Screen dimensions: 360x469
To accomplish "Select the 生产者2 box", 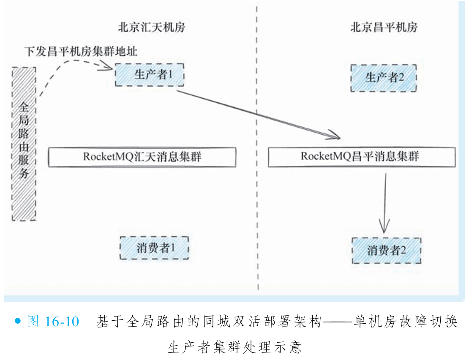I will [383, 78].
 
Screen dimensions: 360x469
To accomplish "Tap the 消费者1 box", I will [154, 248].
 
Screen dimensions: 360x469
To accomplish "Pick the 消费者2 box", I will [386, 250].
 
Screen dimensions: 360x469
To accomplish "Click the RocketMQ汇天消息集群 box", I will [142, 157].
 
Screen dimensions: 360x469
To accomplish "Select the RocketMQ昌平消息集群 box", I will [362, 157].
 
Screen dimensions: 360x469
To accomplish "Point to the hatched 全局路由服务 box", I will [24, 144].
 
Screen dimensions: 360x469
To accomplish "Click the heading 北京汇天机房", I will [151, 28].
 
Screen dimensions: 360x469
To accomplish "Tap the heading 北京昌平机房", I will [384, 28].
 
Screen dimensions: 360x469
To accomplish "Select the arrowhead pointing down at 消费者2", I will [384, 228].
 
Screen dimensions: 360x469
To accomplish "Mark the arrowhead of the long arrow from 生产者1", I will [336, 136].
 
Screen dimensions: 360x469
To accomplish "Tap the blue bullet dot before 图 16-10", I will [17, 321].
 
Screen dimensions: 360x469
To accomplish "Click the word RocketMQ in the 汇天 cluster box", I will [108, 157].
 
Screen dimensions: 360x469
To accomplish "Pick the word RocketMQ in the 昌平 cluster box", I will [326, 157].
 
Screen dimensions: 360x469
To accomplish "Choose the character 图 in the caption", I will [34, 322].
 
